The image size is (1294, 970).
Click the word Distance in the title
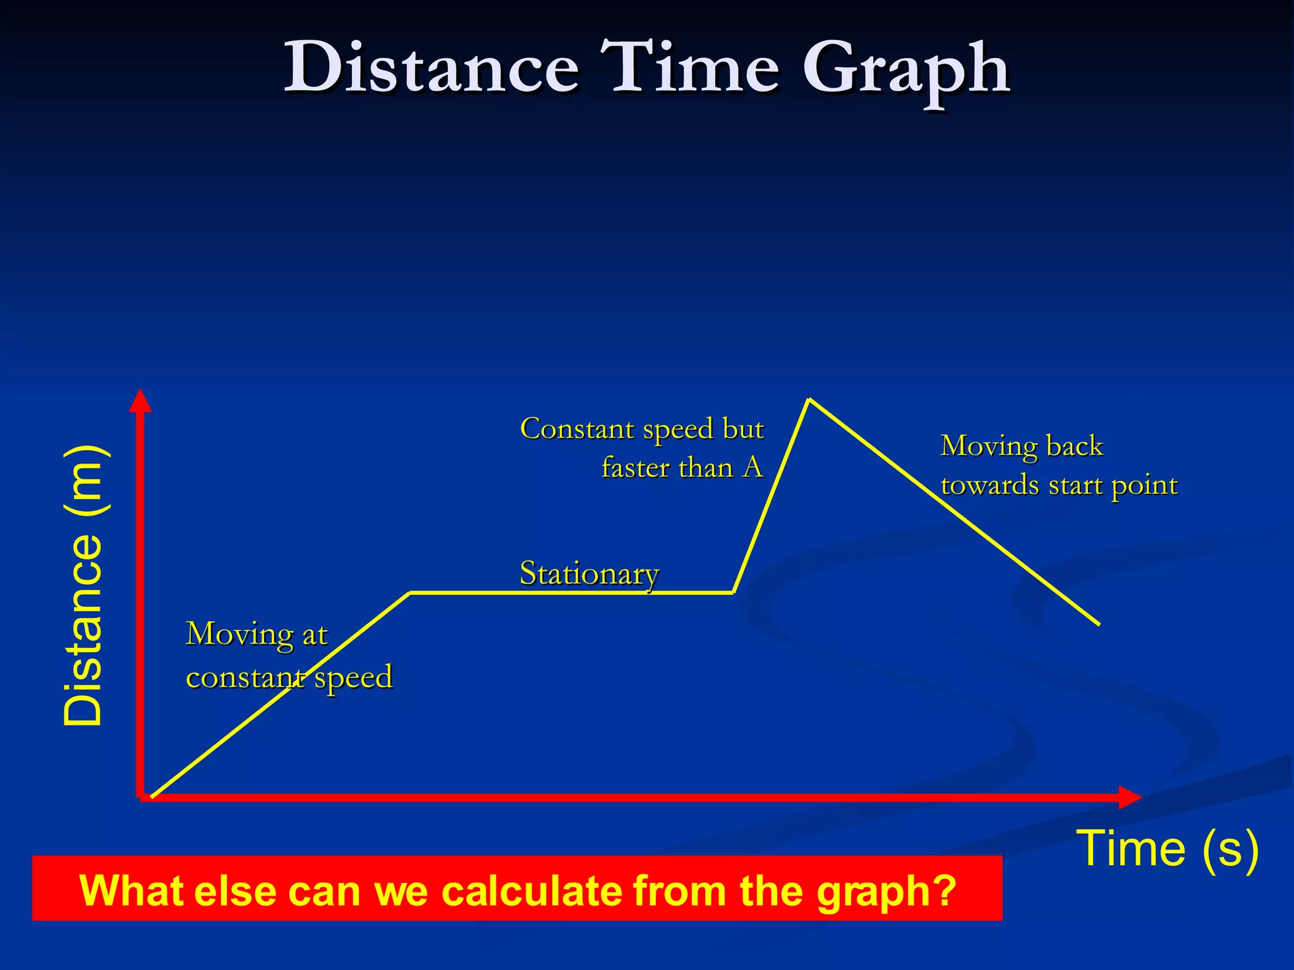[x=432, y=68]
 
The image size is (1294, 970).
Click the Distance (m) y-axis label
[x=83, y=585]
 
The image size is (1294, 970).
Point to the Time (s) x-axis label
[x=1166, y=849]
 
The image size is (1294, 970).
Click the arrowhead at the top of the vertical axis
[x=140, y=400]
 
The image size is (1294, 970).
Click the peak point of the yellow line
[x=809, y=399]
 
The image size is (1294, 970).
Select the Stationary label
[x=589, y=573]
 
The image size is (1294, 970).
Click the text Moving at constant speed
[x=289, y=655]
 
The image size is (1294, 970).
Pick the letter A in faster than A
[x=753, y=468]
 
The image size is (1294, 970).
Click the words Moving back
[x=1022, y=446]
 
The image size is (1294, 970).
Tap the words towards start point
[x=1059, y=486]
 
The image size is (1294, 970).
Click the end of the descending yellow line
[x=1099, y=624]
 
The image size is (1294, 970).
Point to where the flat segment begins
[x=410, y=592]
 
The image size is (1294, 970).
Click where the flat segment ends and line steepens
[x=734, y=592]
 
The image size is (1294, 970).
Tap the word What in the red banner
[x=132, y=890]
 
